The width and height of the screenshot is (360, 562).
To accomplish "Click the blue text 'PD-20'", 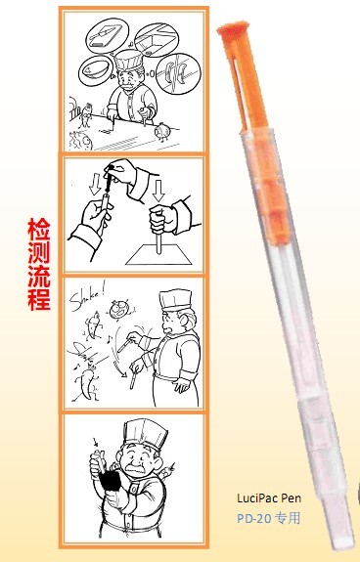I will (250, 516).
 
